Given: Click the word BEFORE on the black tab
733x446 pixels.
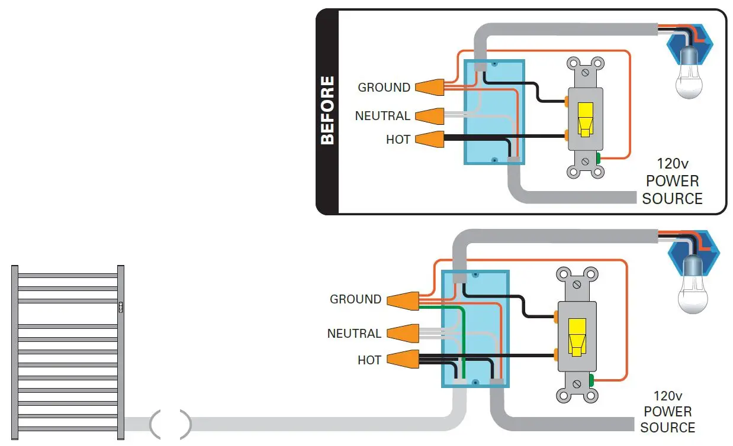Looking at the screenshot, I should pyautogui.click(x=327, y=110).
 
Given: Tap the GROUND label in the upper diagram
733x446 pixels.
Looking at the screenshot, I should pyautogui.click(x=384, y=88).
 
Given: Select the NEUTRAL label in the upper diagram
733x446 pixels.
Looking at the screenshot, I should pyautogui.click(x=382, y=115).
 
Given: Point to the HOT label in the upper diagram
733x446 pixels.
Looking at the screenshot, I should pyautogui.click(x=398, y=140).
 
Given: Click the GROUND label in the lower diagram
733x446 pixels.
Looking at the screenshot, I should pyautogui.click(x=355, y=299).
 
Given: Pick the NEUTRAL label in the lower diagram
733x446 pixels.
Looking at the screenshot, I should pyautogui.click(x=354, y=334).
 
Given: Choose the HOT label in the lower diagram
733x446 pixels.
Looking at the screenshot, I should pyautogui.click(x=369, y=360).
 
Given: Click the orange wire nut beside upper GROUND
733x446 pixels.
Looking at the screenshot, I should pyautogui.click(x=430, y=88).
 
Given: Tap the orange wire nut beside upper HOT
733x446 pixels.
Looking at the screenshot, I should pyautogui.click(x=430, y=140).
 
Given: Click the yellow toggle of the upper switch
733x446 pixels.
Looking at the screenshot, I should pyautogui.click(x=585, y=119).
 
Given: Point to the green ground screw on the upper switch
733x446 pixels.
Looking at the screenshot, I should pyautogui.click(x=599, y=158).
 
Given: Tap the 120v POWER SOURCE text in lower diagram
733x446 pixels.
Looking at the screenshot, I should pyautogui.click(x=667, y=411).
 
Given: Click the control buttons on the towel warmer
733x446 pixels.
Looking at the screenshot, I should pyautogui.click(x=121, y=306).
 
